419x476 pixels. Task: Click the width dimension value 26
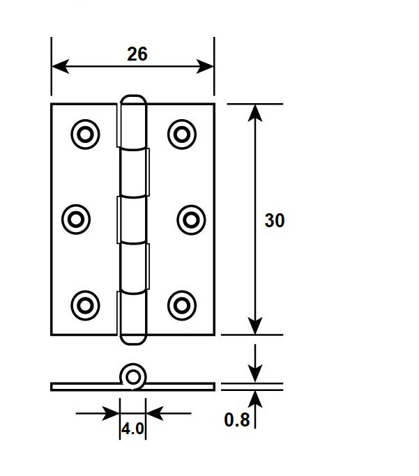(137, 54)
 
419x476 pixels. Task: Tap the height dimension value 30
(275, 220)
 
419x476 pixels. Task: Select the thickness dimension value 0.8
(237, 420)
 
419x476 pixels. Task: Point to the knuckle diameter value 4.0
(132, 429)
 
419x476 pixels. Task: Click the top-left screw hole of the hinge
(85, 135)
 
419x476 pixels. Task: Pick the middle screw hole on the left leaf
(76, 219)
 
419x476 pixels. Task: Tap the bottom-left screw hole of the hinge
(85, 305)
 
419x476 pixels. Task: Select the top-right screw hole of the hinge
(182, 135)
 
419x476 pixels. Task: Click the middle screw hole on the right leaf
(191, 220)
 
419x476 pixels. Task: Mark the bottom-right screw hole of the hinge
(182, 305)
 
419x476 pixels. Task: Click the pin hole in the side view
(133, 377)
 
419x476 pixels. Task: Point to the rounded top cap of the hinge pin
(133, 100)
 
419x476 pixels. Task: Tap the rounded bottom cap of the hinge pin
(133, 339)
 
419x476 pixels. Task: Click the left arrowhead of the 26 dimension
(61, 66)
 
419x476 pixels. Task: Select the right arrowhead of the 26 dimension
(205, 66)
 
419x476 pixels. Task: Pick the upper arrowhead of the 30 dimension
(255, 113)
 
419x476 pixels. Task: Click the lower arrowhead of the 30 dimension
(255, 325)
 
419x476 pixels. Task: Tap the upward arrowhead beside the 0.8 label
(255, 399)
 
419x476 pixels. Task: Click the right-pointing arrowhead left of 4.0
(111, 413)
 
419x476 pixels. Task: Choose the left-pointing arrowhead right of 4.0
(155, 413)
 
